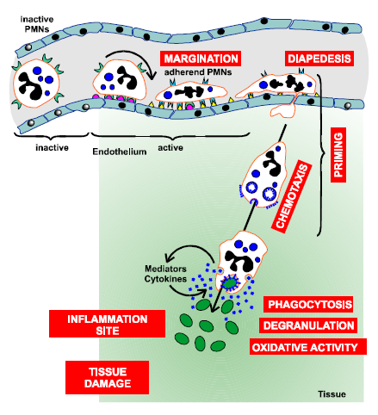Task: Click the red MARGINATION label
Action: [201, 59]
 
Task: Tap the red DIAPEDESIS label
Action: [319, 59]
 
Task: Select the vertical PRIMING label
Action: [338, 155]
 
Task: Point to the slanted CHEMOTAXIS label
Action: [292, 196]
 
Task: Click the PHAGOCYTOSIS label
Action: [308, 305]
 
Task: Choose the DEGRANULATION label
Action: [308, 325]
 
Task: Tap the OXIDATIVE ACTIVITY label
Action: [308, 347]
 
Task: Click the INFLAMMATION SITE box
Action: [107, 324]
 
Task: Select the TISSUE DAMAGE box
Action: [107, 377]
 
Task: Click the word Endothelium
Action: [120, 152]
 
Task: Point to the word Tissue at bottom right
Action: [332, 394]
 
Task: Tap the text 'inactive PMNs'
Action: [37, 24]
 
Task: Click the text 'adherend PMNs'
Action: [198, 71]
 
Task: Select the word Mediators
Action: [165, 269]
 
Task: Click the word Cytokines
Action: [165, 279]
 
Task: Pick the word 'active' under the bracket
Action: [170, 147]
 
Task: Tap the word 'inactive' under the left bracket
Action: [52, 147]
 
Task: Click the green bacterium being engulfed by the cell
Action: [230, 283]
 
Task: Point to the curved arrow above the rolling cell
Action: [133, 53]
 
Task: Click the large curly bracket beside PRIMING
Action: [321, 155]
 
